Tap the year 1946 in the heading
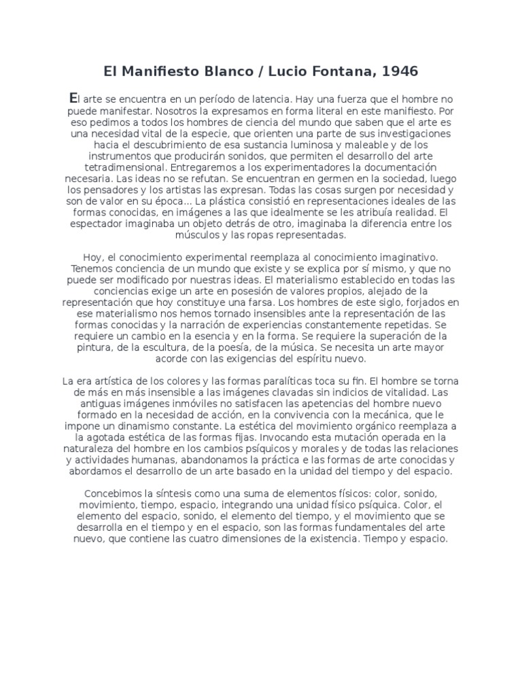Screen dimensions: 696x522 point(397,70)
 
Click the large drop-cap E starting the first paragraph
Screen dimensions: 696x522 point(74,97)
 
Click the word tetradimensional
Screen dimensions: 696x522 point(123,167)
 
